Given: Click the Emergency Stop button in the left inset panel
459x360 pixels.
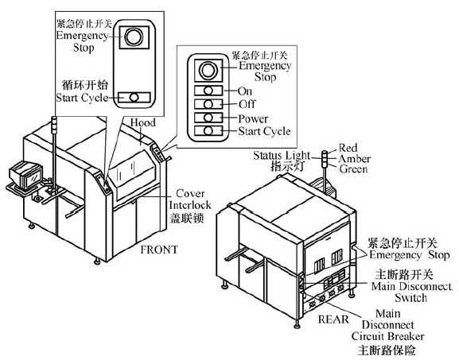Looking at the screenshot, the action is [134, 37].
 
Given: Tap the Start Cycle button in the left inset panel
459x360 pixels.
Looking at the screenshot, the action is [134, 98].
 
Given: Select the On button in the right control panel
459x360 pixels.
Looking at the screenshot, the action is [208, 91].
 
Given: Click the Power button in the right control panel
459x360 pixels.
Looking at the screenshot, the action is [208, 118].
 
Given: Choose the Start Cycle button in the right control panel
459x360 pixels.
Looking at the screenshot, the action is [208, 130].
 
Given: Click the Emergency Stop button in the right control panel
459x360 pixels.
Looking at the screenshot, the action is [208, 70].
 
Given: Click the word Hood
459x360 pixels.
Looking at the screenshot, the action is [143, 122].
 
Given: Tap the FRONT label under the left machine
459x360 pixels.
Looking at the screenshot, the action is [159, 250].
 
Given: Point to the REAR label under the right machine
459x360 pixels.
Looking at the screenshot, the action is [333, 319].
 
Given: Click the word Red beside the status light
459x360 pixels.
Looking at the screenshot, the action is [348, 148].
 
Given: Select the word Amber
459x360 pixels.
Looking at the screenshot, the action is [355, 159].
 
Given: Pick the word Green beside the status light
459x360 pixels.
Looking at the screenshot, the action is [354, 169].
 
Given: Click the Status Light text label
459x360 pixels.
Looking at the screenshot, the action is [282, 155].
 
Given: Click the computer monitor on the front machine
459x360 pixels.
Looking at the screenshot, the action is [26, 175].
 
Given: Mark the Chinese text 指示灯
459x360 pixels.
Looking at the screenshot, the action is [287, 166].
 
